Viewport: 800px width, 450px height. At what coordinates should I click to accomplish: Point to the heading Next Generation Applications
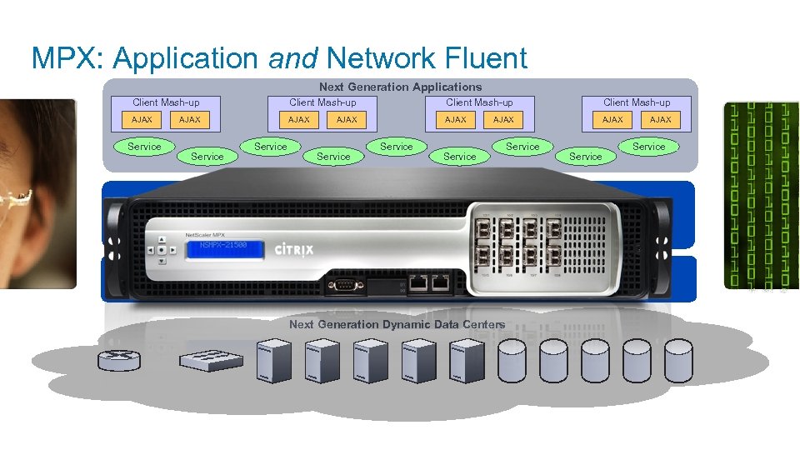point(400,87)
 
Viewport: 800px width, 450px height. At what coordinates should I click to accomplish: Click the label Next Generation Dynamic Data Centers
point(397,324)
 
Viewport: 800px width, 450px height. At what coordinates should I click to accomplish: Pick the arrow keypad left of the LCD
point(161,248)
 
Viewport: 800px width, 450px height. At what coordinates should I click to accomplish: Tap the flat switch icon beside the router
point(211,359)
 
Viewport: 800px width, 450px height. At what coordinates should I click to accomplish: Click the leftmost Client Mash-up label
point(166,102)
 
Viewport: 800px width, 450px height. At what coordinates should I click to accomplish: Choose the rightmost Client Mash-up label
point(637,102)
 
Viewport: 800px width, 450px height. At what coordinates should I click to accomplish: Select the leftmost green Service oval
point(144,147)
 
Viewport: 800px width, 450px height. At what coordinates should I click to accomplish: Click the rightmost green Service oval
point(648,147)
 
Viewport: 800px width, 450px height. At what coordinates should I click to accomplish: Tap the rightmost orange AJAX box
point(660,120)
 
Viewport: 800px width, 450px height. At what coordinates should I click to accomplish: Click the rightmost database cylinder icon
point(679,359)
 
